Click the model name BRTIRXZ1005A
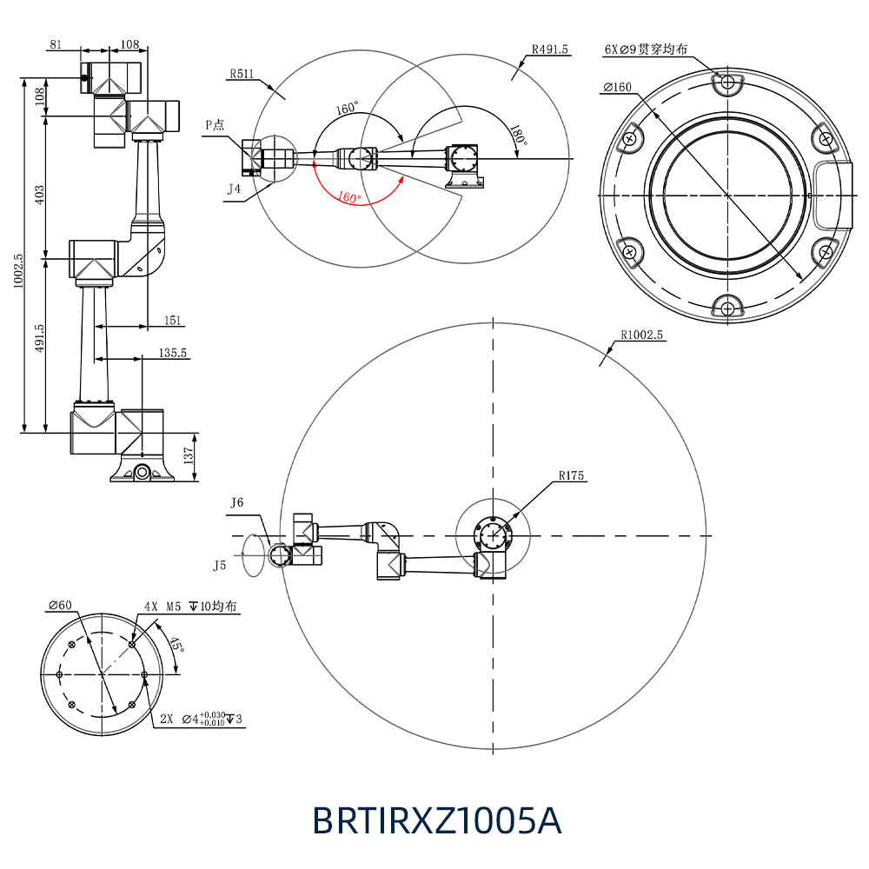(437, 819)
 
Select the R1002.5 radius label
(641, 335)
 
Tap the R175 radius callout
(572, 475)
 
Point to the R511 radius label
(242, 74)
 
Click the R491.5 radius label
(549, 50)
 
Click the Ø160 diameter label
(617, 87)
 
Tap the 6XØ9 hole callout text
(645, 50)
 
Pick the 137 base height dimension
(189, 456)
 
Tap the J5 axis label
(220, 566)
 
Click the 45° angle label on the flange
(176, 645)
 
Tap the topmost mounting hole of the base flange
(727, 83)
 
